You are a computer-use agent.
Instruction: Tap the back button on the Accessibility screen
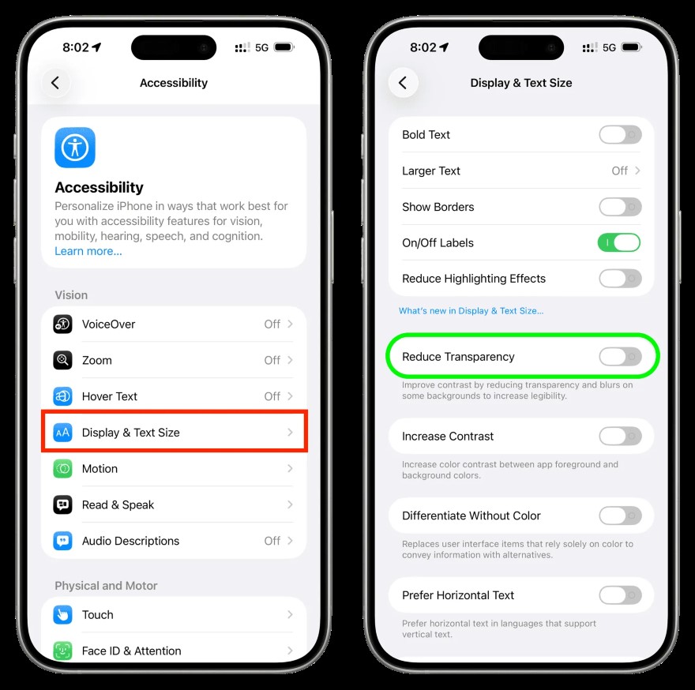coord(55,83)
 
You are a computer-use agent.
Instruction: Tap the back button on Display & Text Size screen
coord(403,83)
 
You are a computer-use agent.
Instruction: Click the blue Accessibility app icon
coord(75,148)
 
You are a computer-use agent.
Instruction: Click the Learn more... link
coord(88,251)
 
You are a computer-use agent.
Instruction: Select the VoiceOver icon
coord(63,324)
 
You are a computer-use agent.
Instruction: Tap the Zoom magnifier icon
coord(63,361)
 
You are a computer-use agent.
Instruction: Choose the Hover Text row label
coord(110,396)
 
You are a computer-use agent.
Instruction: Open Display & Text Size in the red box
coord(174,433)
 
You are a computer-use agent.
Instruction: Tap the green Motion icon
coord(63,469)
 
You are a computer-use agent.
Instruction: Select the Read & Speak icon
coord(63,505)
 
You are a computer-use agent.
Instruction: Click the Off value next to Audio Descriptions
coord(272,541)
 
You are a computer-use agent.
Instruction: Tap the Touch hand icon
coord(63,615)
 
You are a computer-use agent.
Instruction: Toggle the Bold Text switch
coord(620,135)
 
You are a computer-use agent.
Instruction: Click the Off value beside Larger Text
coord(620,171)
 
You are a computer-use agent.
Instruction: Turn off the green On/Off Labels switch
coord(620,243)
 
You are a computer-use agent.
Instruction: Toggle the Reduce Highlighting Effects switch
coord(620,279)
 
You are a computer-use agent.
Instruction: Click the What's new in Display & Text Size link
coord(471,311)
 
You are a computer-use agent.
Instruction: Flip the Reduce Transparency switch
coord(620,357)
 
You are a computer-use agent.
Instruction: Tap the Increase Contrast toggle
coord(620,437)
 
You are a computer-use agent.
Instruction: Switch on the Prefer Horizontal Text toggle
coord(620,595)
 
